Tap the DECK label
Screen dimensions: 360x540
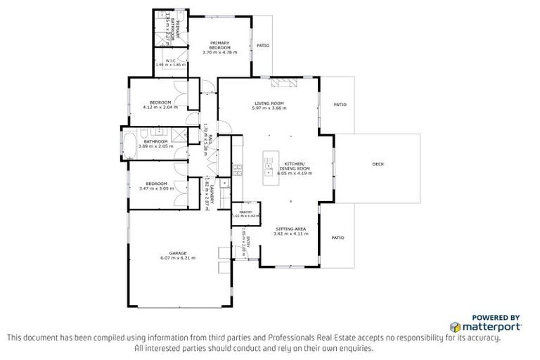[x=378, y=165]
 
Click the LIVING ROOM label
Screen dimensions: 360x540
[x=269, y=103]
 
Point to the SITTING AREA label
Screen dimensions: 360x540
[x=290, y=229]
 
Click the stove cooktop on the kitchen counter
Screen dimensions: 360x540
[x=238, y=169]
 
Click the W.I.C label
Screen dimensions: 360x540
[x=169, y=61]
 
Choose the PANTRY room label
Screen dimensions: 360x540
[x=245, y=212]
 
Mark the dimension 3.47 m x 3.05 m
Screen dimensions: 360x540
[x=156, y=188]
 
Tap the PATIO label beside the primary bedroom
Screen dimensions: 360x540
[x=264, y=47]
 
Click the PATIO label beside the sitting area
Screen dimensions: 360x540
[x=337, y=238]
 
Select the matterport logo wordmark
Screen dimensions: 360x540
[x=491, y=327]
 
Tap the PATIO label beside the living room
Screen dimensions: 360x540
[x=340, y=105]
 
